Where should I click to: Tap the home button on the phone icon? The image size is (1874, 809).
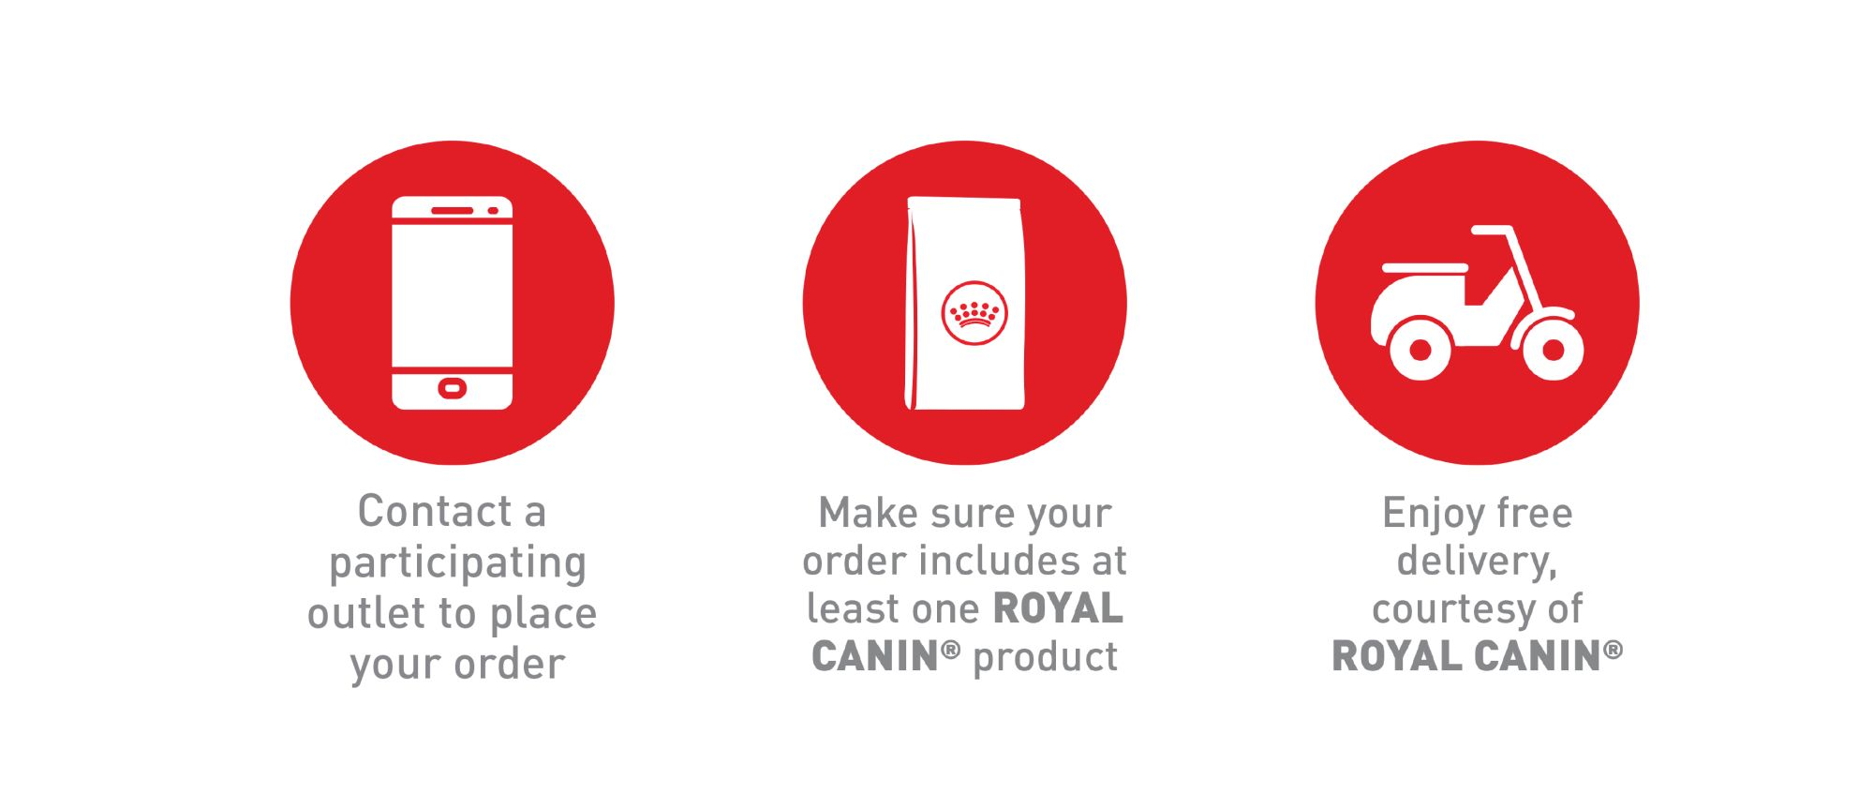coord(453,388)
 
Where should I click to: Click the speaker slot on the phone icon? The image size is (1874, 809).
coord(452,210)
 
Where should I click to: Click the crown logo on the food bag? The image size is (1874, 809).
coord(974,313)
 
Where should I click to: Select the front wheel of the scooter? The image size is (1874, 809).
coord(1553,349)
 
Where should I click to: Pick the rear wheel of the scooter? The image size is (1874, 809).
coord(1420,349)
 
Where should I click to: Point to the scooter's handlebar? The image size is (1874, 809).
coord(1492,231)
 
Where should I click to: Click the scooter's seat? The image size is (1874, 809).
coord(1425,268)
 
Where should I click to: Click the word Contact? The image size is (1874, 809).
coord(435,512)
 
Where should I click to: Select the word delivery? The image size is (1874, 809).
coord(1477,562)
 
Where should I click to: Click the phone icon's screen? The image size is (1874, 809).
coord(453,294)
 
